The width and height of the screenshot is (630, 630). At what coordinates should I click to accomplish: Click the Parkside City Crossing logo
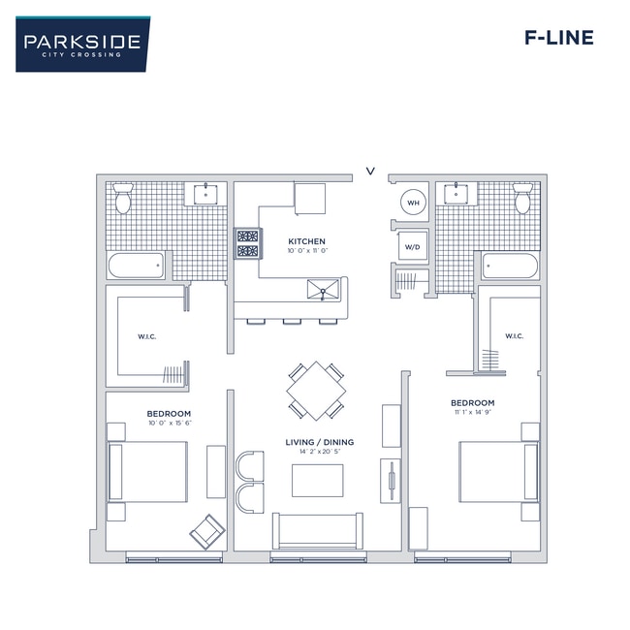[82, 44]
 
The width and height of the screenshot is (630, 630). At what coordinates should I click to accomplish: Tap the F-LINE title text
[558, 39]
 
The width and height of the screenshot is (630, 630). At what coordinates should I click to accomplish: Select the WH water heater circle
[413, 203]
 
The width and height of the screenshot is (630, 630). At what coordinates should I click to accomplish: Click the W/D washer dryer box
[413, 247]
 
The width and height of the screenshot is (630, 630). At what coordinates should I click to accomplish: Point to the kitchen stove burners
[248, 243]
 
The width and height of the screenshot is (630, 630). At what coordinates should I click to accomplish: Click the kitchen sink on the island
[325, 288]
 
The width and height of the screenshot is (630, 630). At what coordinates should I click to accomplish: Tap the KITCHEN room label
[306, 241]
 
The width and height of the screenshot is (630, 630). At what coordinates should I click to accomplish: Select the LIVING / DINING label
[319, 442]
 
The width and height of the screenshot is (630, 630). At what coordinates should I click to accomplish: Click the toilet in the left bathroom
[123, 198]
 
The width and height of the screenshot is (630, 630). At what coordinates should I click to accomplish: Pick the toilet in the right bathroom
[522, 198]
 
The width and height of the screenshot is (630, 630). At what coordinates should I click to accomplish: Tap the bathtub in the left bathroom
[136, 266]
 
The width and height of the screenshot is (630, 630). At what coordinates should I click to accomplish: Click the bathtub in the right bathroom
[510, 266]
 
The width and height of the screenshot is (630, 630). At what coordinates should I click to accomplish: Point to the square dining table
[316, 391]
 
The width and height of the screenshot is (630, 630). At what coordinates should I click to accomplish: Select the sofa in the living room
[318, 529]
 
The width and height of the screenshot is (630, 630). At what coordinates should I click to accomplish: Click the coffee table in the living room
[317, 480]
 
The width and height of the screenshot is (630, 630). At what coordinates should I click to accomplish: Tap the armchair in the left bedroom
[207, 530]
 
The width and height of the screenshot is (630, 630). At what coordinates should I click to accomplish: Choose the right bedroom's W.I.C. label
[513, 337]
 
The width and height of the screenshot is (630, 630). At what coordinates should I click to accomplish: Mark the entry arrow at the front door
[370, 172]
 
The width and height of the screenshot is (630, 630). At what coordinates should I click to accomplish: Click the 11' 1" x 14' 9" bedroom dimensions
[472, 413]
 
